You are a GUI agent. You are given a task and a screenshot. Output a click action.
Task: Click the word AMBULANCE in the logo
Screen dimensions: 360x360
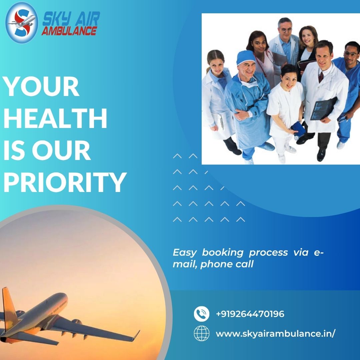[69, 31]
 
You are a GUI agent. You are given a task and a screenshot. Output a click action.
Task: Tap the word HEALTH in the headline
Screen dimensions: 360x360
[55, 119]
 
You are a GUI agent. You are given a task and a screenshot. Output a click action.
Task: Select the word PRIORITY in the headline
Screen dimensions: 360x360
[65, 182]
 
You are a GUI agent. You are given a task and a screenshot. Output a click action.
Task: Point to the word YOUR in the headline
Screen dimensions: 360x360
[41, 87]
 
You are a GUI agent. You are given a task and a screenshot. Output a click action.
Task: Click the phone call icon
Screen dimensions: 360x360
[202, 314]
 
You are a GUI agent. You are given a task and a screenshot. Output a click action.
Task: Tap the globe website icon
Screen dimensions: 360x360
[202, 333]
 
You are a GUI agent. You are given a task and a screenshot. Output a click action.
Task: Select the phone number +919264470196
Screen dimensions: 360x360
[250, 314]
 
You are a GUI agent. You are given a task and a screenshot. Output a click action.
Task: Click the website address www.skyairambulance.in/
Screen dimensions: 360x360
[275, 334]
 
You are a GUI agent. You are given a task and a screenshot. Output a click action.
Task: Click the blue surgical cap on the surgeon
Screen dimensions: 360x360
[246, 57]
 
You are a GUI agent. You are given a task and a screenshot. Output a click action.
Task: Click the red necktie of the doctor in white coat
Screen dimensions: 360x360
[321, 77]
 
